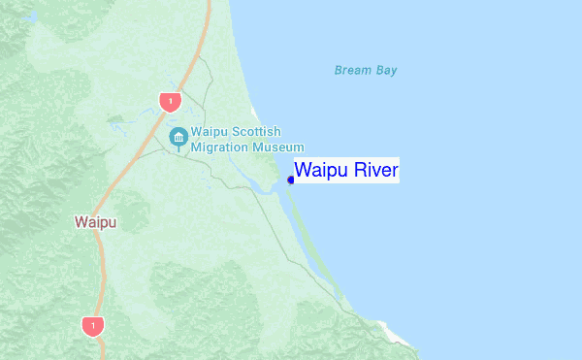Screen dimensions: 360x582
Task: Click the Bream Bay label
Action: (366, 70)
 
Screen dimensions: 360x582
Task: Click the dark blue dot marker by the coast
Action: (291, 179)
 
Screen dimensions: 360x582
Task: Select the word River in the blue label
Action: (373, 171)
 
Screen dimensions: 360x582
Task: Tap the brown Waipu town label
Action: (95, 222)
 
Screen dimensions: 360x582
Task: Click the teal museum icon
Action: (178, 137)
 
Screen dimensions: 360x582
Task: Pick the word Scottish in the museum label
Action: (255, 132)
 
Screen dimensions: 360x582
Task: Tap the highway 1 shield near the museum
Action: (171, 100)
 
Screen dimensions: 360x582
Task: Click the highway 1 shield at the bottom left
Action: (92, 326)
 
